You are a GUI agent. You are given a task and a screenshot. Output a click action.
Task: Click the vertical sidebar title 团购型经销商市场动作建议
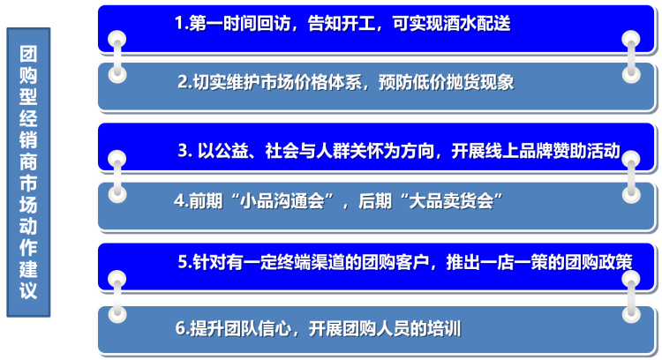coord(28,172)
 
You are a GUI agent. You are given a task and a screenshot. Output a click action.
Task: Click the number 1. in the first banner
coord(182,23)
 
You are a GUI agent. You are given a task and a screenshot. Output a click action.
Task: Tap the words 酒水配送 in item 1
coord(477,23)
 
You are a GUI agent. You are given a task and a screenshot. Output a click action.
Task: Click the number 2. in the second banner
coord(185,82)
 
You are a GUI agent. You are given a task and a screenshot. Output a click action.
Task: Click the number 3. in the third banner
coord(185,151)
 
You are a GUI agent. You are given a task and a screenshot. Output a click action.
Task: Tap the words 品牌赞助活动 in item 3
coord(570,151)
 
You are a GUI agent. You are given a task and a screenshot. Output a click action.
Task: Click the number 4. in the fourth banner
coord(181,201)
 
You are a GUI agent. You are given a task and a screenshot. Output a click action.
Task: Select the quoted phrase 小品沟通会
coord(282,201)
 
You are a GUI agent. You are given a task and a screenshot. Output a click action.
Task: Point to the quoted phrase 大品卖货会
coord(451,201)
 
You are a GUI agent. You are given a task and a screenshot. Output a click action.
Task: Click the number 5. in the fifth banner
coord(185,262)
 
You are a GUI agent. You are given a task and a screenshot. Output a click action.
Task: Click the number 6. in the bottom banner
coord(183,328)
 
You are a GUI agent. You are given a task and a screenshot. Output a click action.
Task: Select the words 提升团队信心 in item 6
coord(241,328)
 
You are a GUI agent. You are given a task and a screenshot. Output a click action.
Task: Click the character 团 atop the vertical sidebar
coord(28,54)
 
